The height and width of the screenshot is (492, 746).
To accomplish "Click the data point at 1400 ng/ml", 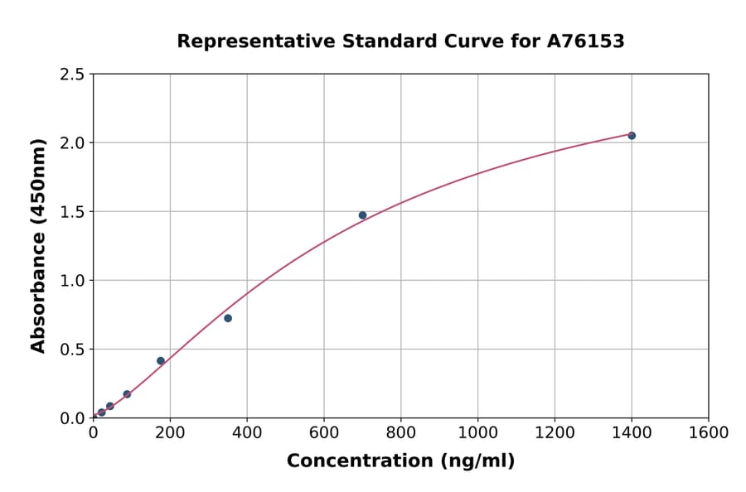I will (x=632, y=135).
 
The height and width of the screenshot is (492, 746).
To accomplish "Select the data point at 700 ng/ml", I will (x=362, y=215).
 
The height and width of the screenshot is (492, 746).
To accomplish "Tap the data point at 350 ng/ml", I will (x=228, y=318).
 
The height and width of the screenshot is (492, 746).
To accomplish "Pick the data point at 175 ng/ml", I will (x=161, y=361).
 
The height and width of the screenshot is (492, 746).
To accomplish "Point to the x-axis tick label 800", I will (x=400, y=432).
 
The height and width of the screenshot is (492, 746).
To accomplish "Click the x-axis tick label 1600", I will (x=709, y=432).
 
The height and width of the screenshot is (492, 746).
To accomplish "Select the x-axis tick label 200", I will (x=170, y=432).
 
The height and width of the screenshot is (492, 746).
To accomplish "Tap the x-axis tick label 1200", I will (x=555, y=432).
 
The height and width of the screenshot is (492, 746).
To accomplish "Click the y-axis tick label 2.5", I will (x=72, y=75).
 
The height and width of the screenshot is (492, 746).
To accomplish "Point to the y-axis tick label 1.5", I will (x=72, y=212).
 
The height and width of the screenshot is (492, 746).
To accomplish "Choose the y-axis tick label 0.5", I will (x=72, y=350).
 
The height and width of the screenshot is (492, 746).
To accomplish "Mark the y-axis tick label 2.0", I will (x=72, y=143).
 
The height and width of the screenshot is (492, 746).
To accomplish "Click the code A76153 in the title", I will (x=586, y=41).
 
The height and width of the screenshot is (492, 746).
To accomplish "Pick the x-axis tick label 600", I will (x=323, y=432).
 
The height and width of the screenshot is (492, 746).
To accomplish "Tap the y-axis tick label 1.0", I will (x=72, y=281).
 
